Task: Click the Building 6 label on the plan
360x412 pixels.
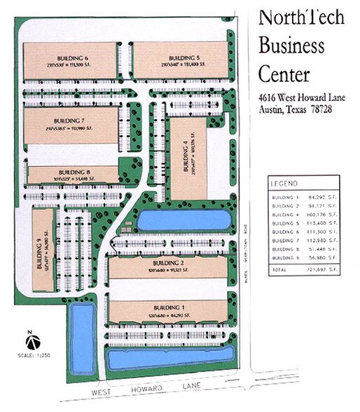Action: (x=72, y=57)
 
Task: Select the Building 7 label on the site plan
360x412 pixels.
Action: (x=72, y=121)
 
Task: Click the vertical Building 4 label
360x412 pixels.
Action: (x=186, y=157)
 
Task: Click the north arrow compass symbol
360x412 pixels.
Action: (x=32, y=343)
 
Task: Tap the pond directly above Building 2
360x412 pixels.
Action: (x=183, y=221)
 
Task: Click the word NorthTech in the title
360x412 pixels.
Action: (x=301, y=18)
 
